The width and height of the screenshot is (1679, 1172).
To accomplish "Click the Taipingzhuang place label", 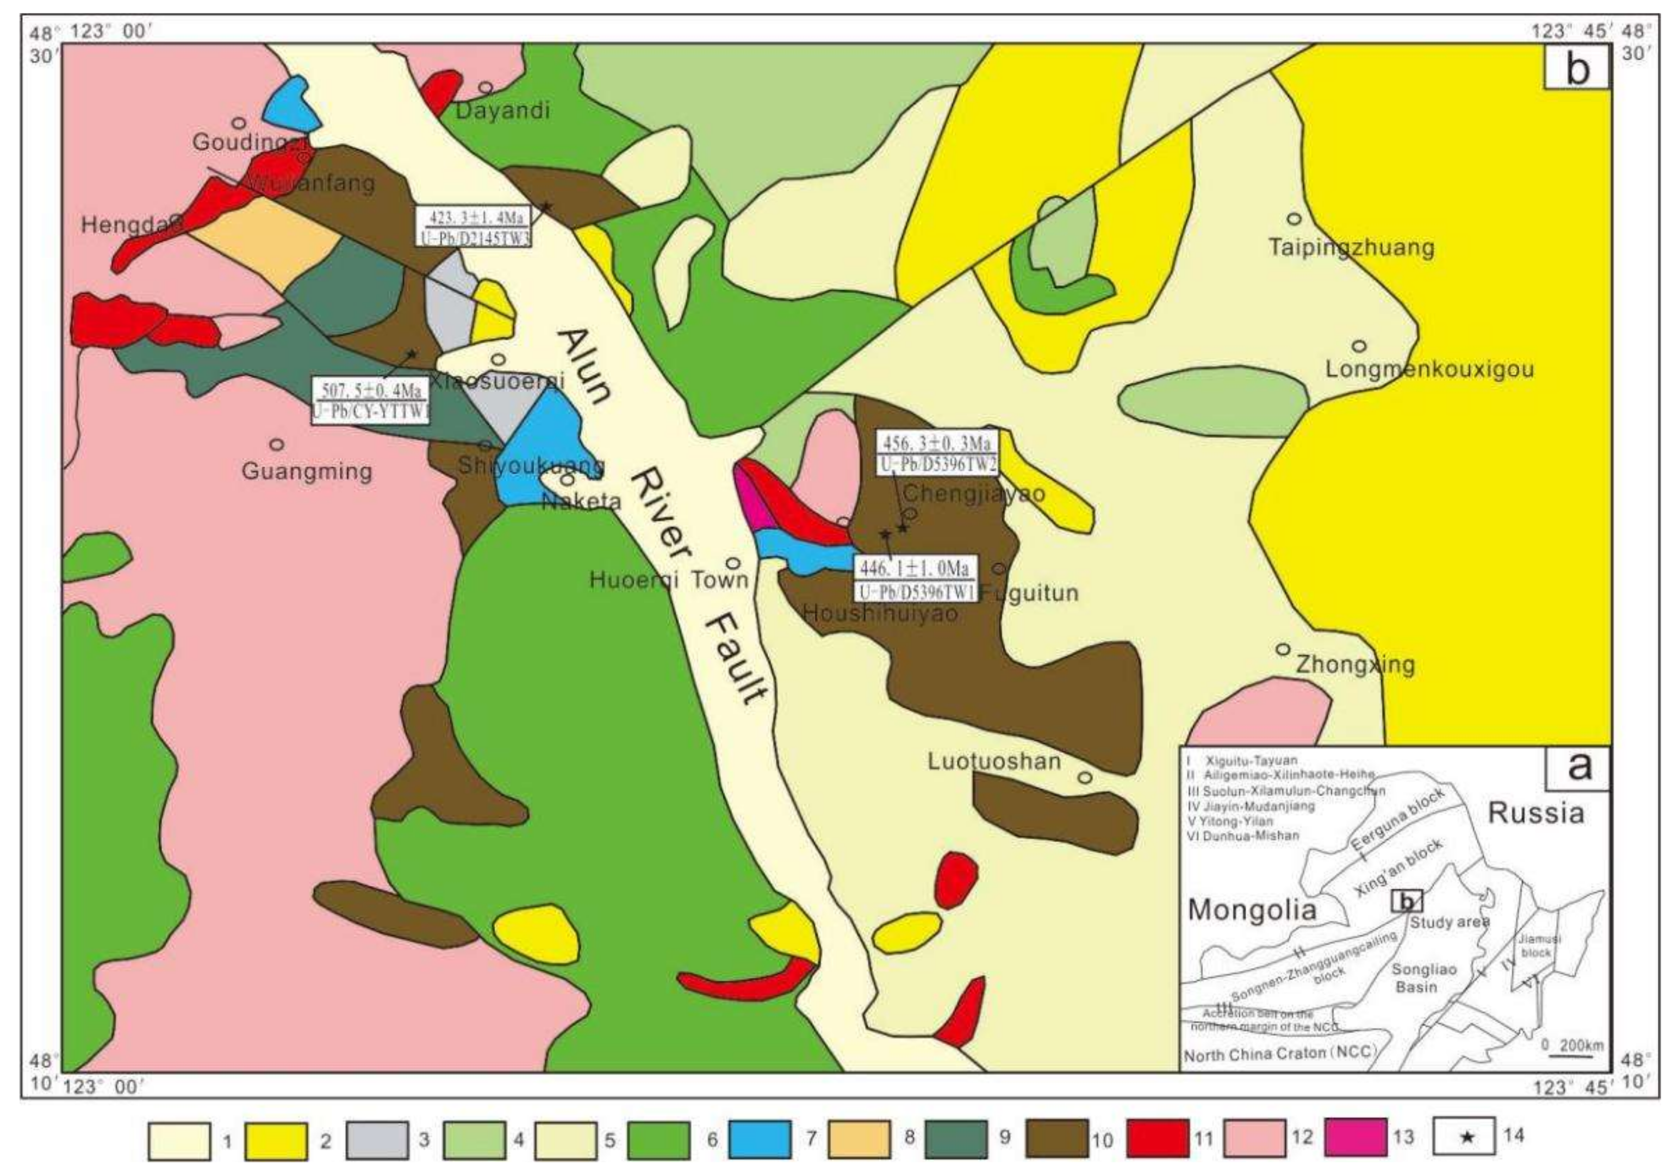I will [1351, 248].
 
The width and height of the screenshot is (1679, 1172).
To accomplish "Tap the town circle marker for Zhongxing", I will [1282, 649].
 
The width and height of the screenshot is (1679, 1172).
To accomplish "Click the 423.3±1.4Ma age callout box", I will [474, 227].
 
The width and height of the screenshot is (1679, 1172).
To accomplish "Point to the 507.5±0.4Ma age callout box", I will [370, 401].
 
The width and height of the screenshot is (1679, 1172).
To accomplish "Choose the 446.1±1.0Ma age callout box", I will [915, 580].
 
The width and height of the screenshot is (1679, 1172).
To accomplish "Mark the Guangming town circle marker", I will [276, 444].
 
